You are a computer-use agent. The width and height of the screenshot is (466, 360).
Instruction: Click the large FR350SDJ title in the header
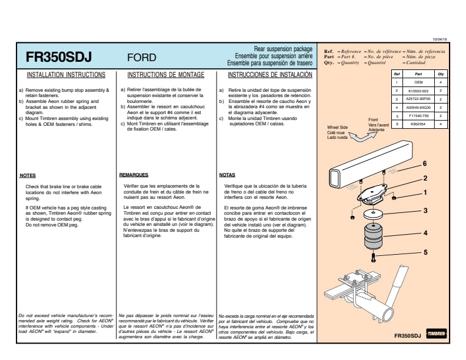point(59,57)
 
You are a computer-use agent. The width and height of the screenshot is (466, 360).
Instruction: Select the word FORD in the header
point(142,58)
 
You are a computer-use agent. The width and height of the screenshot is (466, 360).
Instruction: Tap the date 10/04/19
point(440,38)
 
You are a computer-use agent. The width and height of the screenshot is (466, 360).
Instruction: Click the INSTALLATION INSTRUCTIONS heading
point(66,75)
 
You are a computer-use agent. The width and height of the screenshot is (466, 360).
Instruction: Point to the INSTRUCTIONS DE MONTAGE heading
point(166,75)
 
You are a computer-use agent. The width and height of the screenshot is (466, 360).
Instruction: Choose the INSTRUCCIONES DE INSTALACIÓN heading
point(269,75)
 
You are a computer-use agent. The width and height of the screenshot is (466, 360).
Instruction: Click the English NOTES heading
point(28,175)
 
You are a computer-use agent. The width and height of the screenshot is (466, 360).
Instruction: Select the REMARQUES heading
point(134,175)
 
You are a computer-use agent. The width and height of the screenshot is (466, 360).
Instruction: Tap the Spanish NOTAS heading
point(227,175)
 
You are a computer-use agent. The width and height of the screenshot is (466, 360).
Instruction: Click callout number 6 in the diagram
point(424,164)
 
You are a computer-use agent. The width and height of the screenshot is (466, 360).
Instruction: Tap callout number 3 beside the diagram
point(425,210)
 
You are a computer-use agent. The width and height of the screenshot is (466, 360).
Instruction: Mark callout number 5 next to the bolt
point(425,252)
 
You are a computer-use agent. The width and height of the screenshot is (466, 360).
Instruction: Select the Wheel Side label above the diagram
point(337,127)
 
